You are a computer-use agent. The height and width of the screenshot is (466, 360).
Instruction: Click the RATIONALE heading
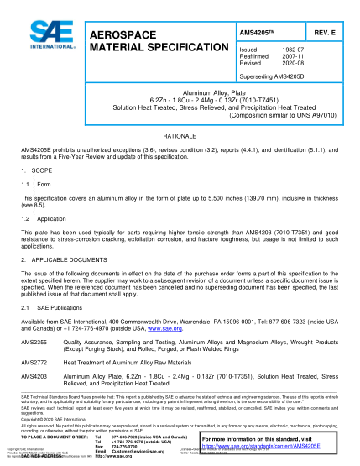(x=180, y=135)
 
